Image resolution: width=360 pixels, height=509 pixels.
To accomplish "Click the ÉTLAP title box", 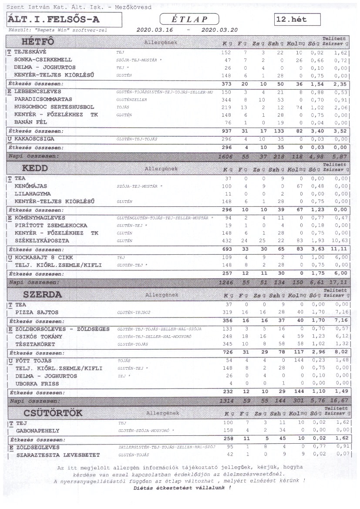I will [x=189, y=19].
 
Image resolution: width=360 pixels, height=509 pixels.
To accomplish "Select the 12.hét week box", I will [x=297, y=20].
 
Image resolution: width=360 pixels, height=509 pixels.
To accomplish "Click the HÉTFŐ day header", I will [x=38, y=42].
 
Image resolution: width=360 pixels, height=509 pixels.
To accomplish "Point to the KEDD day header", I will [x=35, y=168].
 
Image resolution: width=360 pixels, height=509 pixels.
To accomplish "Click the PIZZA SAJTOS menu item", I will [x=37, y=312].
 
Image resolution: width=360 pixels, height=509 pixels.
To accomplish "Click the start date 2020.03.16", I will [x=155, y=30].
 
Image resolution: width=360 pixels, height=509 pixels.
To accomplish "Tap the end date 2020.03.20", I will [x=220, y=30].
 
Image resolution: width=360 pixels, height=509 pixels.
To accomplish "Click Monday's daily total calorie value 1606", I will [x=226, y=155].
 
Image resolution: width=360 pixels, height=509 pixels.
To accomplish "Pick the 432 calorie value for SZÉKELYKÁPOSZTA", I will [x=227, y=241].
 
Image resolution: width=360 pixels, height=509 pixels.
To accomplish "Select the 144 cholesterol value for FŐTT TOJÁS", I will [x=299, y=361].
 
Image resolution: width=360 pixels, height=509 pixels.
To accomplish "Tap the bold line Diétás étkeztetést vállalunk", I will [x=182, y=488].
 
